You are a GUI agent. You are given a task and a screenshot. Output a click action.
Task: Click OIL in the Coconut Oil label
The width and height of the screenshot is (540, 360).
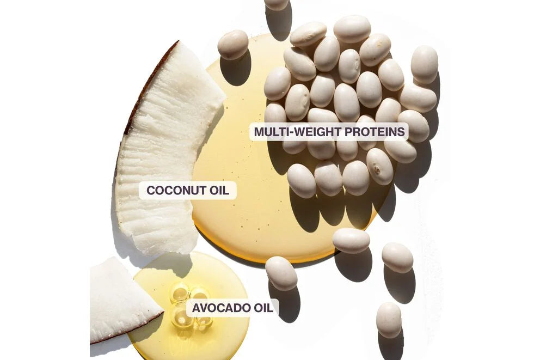[x=219, y=190]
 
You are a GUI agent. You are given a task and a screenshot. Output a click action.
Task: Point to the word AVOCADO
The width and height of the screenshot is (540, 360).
[x=220, y=308]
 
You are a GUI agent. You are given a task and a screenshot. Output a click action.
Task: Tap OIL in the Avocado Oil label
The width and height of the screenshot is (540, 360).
[x=263, y=308]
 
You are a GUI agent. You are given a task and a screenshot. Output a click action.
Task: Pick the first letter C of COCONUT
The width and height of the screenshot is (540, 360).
[x=151, y=190]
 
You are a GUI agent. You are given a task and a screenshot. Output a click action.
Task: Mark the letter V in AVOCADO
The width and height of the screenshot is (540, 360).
[x=204, y=308]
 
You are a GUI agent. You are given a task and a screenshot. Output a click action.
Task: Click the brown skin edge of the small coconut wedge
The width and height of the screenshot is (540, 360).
[x=127, y=329]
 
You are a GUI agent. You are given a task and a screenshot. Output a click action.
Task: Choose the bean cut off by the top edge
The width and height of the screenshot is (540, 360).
[x=277, y=4]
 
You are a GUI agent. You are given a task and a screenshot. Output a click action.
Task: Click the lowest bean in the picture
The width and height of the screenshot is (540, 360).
[x=389, y=320]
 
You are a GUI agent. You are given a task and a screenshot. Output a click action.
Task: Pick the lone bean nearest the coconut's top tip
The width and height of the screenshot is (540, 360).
[x=233, y=45]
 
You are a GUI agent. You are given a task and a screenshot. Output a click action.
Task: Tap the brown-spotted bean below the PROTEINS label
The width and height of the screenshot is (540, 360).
[x=379, y=167]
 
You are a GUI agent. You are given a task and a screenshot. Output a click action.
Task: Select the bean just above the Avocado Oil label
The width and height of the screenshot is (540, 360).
[x=281, y=273]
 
